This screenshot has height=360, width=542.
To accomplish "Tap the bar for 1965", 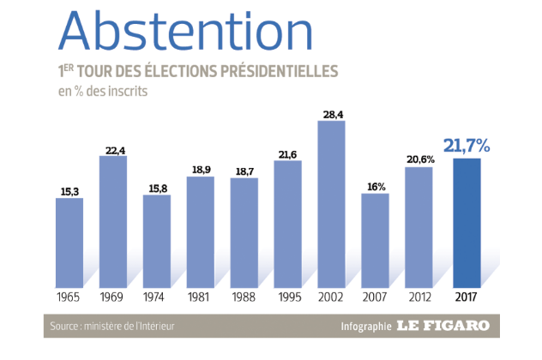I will [69, 242].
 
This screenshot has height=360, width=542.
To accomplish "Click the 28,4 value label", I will [331, 113].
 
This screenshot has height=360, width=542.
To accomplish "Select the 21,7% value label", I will [466, 147].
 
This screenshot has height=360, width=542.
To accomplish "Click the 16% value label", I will [375, 185].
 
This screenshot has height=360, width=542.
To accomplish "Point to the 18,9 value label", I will [200, 170].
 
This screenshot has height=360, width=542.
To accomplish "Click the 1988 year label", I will [244, 297].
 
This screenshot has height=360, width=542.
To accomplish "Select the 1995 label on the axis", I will [287, 297].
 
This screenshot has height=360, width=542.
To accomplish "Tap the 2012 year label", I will [419, 297].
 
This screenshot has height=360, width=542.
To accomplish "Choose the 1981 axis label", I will [200, 297].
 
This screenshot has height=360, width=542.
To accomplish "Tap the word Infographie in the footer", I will [364, 327].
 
